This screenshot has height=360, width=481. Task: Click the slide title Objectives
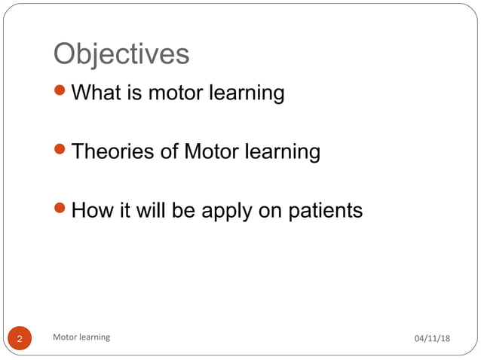pyautogui.click(x=121, y=54)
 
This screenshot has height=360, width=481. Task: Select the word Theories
pyautogui.click(x=112, y=151)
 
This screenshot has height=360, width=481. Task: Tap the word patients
pyautogui.click(x=326, y=210)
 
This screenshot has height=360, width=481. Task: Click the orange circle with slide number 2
pyautogui.click(x=20, y=338)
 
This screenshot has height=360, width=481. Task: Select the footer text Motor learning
pyautogui.click(x=81, y=337)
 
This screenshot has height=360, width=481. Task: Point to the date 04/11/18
pyautogui.click(x=432, y=338)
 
